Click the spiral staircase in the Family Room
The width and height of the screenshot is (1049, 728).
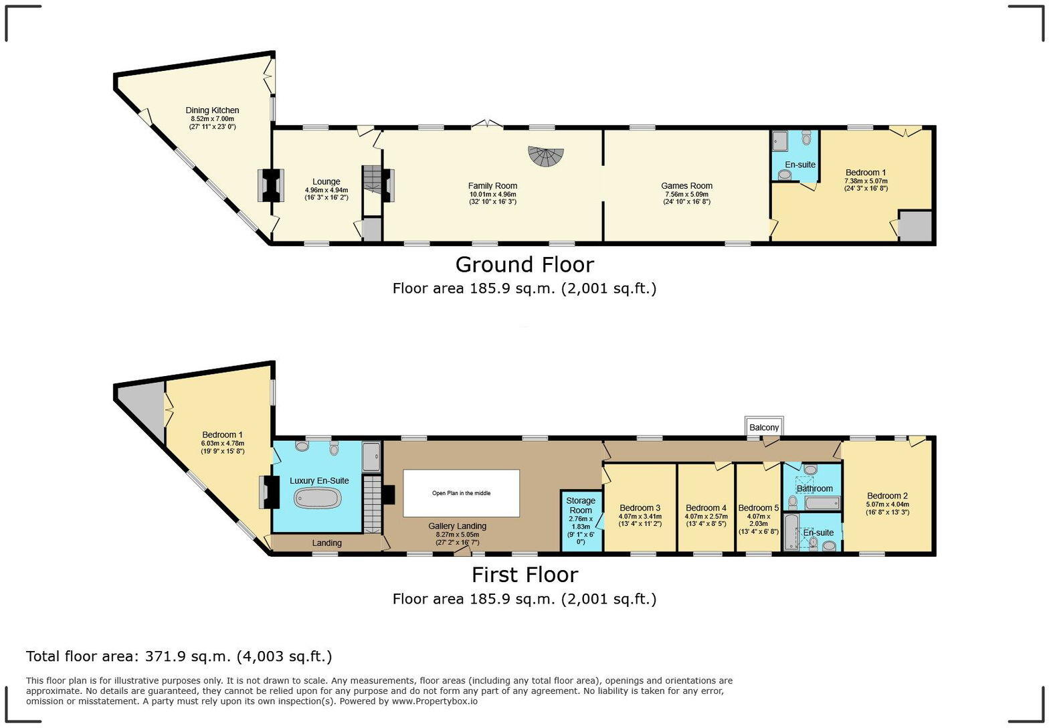coord(547,157)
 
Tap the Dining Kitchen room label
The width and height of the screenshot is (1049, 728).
coord(212,110)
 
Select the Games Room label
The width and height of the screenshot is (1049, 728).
coord(686,186)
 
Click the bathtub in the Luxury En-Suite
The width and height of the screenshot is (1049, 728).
coord(318,498)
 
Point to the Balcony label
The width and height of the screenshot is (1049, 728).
coord(764,428)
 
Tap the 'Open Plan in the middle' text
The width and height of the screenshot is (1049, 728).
coord(461,493)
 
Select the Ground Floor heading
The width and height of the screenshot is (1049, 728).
coord(524,265)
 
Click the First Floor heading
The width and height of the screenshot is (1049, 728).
coord(524,575)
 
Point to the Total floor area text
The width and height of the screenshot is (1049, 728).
coord(179,656)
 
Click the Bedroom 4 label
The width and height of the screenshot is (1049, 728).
coord(706,508)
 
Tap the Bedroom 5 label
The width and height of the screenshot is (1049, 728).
coord(758,508)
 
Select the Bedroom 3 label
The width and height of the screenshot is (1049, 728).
coord(640,508)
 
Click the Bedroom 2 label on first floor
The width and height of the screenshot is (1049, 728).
coord(887,496)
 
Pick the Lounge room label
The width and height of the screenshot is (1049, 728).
coord(326,181)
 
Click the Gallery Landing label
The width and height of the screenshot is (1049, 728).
coord(457,526)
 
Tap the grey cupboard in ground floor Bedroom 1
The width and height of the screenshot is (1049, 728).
coord(915,226)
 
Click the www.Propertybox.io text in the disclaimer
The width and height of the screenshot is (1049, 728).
coord(434,701)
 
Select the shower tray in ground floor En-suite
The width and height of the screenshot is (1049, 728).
coord(781,141)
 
